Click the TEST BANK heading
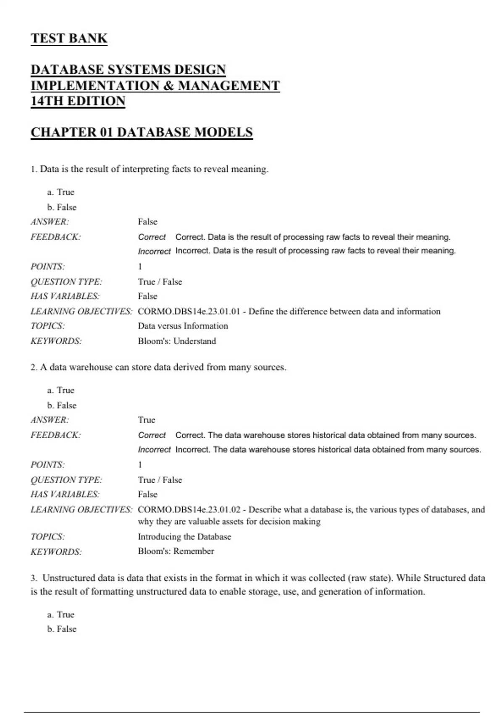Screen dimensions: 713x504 (x=69, y=38)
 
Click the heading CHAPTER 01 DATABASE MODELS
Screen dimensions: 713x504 (x=142, y=132)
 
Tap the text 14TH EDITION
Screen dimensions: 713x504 (x=78, y=101)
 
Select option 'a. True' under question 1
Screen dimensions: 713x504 (x=61, y=192)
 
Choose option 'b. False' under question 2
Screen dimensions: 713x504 (x=62, y=405)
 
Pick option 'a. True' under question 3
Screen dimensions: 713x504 (x=61, y=614)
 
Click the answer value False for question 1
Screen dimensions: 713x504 (x=147, y=221)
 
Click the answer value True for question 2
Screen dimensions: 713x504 (x=147, y=420)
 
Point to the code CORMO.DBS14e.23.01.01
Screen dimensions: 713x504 (x=189, y=311)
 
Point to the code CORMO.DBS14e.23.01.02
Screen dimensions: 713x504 (x=189, y=510)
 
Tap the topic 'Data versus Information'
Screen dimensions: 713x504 (x=183, y=326)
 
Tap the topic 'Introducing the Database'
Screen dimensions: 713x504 (x=184, y=536)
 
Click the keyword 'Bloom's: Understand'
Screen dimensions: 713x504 (x=177, y=341)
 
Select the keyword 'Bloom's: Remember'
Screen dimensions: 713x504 (x=176, y=551)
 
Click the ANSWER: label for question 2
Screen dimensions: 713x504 (x=50, y=420)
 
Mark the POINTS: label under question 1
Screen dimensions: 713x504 (x=47, y=266)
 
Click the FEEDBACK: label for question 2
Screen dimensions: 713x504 (x=55, y=435)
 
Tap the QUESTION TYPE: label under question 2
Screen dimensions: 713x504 (x=66, y=479)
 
